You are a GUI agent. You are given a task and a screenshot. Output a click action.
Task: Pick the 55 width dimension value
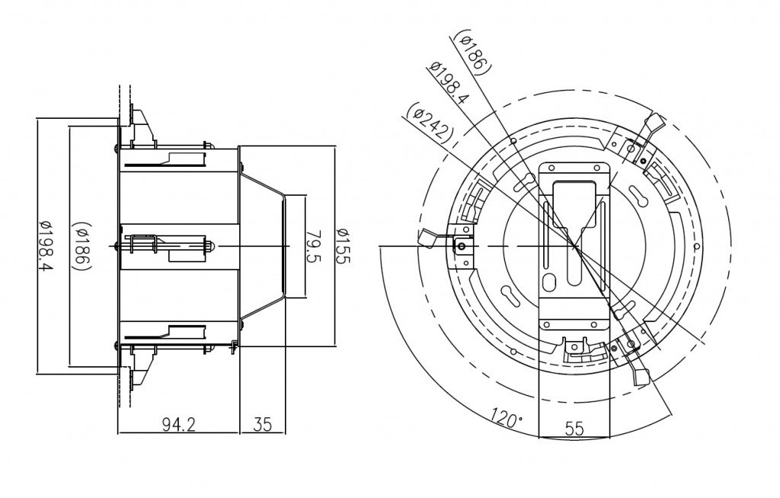pos(574,429)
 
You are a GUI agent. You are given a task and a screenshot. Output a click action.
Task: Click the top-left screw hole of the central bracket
pos(550,170)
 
